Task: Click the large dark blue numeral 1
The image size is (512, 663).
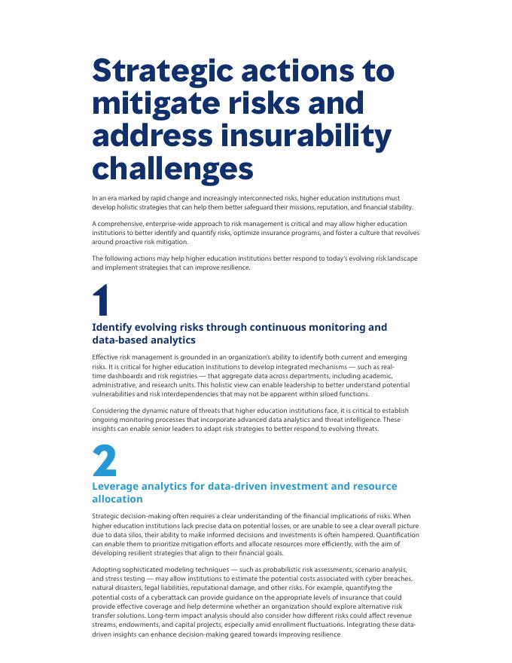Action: pos(103,301)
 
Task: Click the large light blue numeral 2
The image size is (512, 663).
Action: pos(105,460)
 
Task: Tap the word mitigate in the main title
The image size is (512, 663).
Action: pos(154,103)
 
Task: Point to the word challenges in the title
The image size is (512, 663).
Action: pos(172,168)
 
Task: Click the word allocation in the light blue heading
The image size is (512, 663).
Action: pos(117,499)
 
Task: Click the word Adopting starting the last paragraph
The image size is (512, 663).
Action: pos(107,569)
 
